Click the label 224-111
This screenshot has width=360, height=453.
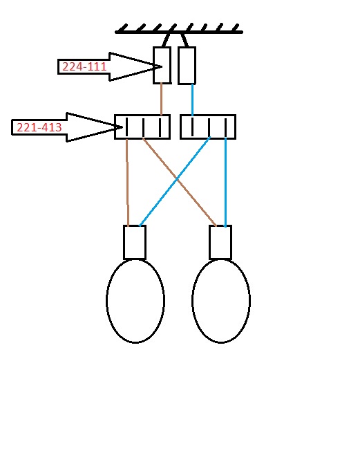tap(84, 66)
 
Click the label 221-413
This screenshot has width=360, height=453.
tap(39, 127)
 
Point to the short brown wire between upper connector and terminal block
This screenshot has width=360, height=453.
tap(162, 99)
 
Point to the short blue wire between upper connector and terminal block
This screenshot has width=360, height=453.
tap(193, 100)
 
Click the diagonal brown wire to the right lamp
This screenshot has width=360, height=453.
tap(179, 183)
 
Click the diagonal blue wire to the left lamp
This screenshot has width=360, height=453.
tap(175, 181)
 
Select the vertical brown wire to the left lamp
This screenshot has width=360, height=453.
tap(127, 183)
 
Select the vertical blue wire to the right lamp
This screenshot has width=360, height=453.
tap(226, 183)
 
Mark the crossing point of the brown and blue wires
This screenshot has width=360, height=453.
tap(178, 180)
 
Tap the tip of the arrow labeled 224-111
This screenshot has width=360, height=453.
tap(162, 66)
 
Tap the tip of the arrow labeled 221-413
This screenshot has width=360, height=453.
tap(123, 127)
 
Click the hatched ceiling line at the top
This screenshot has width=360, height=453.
tap(179, 32)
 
